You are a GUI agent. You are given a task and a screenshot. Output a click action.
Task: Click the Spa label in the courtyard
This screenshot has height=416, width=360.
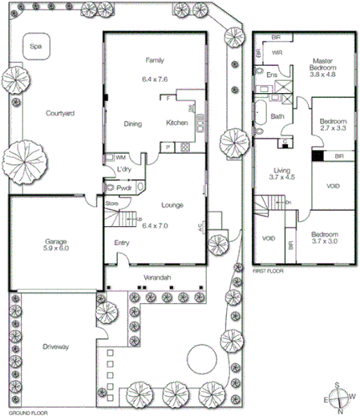[35, 47]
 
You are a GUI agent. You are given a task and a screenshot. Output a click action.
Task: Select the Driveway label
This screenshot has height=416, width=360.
[55, 346]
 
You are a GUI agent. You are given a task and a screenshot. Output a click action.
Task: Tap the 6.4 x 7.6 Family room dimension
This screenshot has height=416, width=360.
[154, 79]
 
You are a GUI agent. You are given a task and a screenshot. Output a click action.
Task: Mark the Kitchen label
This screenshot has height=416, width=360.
[176, 123]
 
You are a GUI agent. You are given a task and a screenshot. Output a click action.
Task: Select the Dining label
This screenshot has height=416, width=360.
[133, 123]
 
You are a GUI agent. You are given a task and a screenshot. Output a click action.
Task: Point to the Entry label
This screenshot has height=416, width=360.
[122, 243]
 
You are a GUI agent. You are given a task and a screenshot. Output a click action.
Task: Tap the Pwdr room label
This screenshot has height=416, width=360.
[124, 187]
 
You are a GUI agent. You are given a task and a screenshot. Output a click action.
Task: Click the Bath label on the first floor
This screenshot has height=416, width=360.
[278, 116]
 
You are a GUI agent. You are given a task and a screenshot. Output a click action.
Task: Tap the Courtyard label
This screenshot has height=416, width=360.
[60, 114]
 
